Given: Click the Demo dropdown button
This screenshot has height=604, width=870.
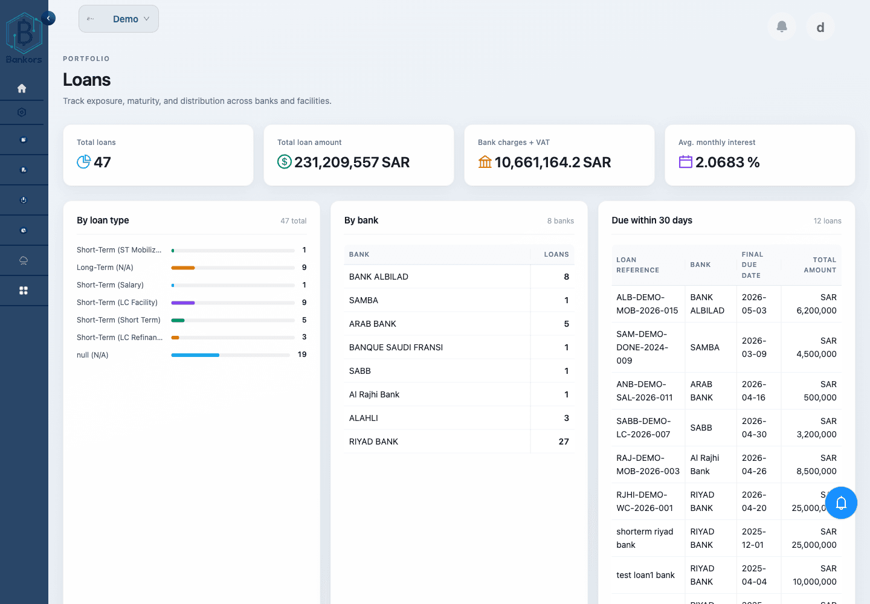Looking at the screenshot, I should [x=118, y=19].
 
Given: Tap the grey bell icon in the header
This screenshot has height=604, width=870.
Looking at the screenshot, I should [x=782, y=27].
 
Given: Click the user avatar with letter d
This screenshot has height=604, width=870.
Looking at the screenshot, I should [x=820, y=27].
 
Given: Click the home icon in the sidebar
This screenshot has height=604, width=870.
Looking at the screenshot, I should [x=22, y=88].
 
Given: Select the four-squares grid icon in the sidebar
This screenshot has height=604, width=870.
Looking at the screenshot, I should [x=24, y=291].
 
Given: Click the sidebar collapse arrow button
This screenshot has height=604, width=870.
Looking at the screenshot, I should [x=48, y=18].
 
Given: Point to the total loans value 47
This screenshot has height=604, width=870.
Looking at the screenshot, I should [x=102, y=162].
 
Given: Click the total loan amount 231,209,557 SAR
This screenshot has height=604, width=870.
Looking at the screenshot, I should [x=352, y=162].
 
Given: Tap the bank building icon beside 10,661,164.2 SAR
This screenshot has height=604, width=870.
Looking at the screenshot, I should [x=485, y=162].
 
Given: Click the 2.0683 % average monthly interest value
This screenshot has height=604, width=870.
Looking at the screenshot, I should [x=727, y=162].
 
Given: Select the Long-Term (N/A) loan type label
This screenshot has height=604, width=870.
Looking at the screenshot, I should [x=105, y=268].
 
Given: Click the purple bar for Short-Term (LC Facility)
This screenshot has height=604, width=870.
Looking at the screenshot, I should [x=183, y=303].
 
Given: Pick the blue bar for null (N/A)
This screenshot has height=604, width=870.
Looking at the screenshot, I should [x=195, y=355].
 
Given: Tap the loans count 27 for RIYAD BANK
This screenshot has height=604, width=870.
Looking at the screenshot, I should [x=563, y=442].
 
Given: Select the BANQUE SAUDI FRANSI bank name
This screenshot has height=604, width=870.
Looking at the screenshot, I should [x=396, y=347].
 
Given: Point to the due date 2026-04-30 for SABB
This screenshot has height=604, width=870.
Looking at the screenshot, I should [x=754, y=428].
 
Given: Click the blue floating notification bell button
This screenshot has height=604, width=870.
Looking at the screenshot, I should [x=841, y=503].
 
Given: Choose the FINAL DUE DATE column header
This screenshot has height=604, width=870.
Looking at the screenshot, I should [x=752, y=265].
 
